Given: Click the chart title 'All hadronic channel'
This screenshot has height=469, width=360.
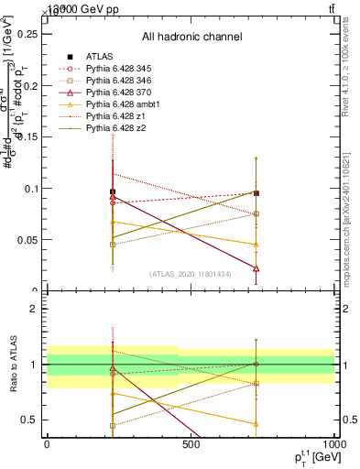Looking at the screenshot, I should pyautogui.click(x=191, y=37).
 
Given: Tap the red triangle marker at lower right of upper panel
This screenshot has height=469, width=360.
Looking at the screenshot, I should pyautogui.click(x=256, y=268).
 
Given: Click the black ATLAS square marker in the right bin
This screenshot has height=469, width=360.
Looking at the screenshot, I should pyautogui.click(x=256, y=193).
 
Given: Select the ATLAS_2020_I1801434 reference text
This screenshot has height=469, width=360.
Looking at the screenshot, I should pyautogui.click(x=191, y=273).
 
